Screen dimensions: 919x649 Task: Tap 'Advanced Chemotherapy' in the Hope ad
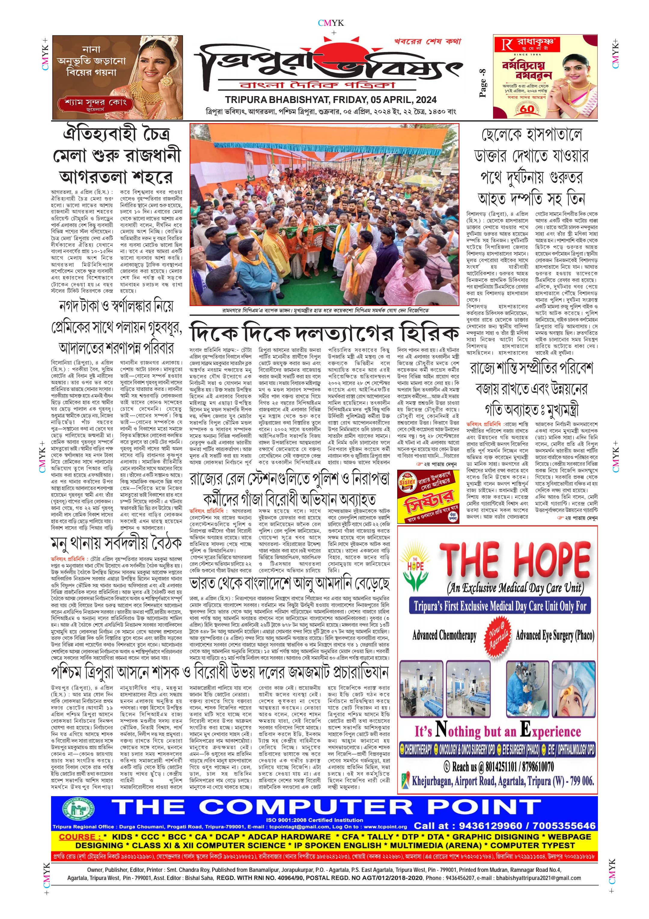click(444, 635)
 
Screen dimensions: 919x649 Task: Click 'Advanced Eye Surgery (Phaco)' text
click(555, 635)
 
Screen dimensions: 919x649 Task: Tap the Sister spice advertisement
click(428, 496)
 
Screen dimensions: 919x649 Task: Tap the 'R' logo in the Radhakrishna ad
click(507, 44)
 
